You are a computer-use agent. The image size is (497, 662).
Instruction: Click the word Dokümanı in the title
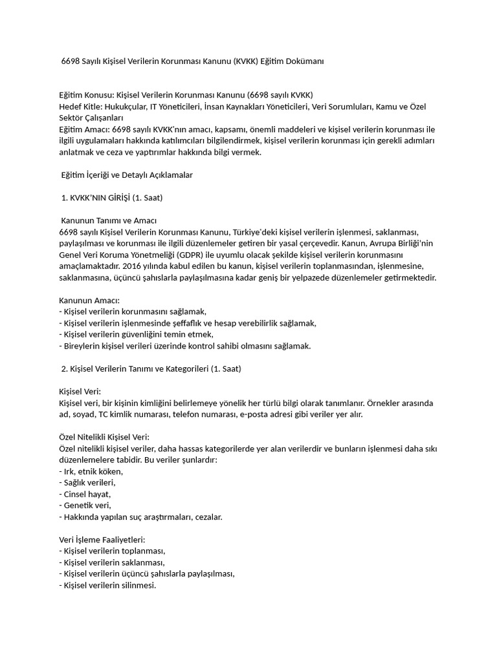tap(303, 61)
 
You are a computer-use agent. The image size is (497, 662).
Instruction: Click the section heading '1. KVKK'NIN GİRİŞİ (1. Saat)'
tap(115, 197)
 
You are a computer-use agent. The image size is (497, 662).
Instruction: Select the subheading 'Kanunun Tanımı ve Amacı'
tap(109, 220)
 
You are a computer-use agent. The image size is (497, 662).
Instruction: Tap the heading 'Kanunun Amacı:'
tap(89, 300)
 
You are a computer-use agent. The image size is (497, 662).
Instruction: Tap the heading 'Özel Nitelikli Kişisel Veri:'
tap(104, 437)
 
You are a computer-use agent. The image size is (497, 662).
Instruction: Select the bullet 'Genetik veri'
tap(85, 505)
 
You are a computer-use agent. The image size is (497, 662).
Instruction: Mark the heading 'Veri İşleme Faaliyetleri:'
tap(102, 539)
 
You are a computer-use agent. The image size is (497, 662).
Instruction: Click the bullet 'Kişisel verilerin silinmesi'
tap(107, 585)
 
